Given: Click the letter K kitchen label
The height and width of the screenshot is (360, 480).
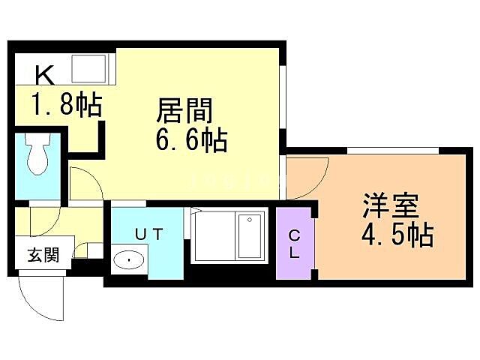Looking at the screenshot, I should [x=43, y=75].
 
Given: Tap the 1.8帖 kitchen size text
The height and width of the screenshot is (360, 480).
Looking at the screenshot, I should [x=66, y=105].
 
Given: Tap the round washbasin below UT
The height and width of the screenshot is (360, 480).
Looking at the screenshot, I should [x=132, y=262].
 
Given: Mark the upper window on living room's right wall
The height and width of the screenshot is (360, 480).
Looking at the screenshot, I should [x=283, y=90].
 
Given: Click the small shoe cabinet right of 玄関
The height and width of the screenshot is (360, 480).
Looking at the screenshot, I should [x=90, y=251].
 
